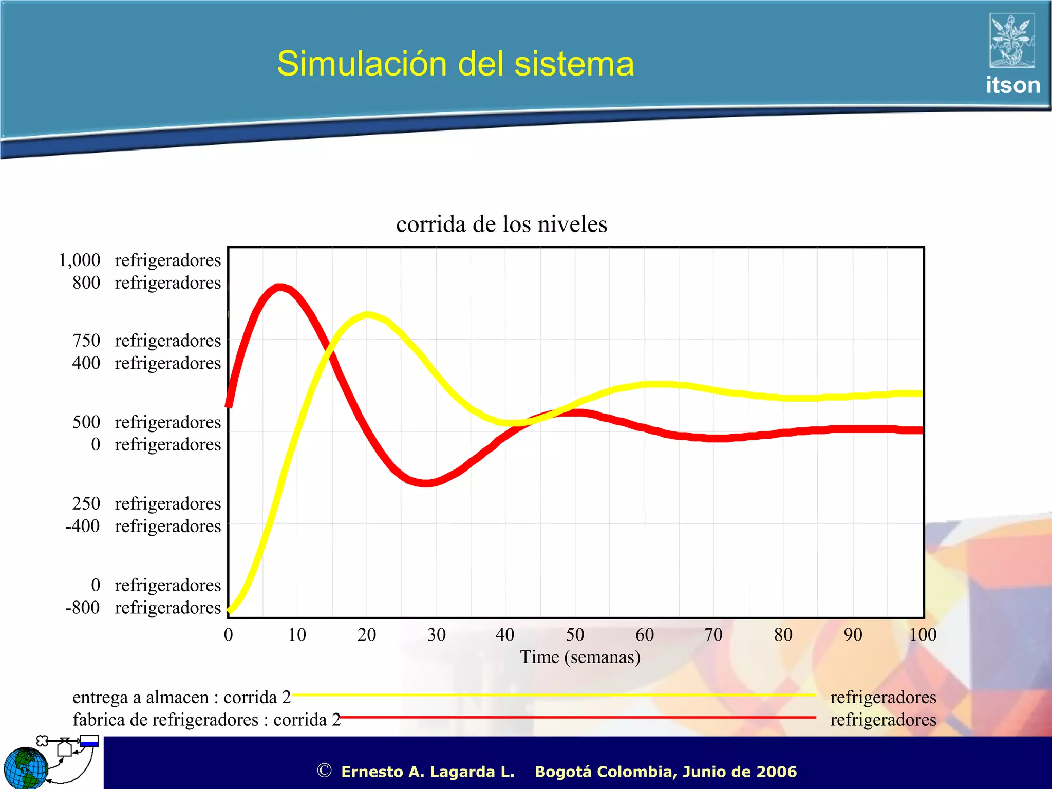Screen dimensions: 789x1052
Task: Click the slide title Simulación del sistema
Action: [455, 64]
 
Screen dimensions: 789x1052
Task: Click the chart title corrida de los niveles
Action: [501, 224]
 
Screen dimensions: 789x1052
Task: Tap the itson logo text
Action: [1012, 85]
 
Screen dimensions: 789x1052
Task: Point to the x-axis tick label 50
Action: [575, 635]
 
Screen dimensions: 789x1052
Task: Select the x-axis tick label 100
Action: [923, 635]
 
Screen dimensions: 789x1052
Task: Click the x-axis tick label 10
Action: [297, 635]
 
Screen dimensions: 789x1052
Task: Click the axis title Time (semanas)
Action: [580, 657]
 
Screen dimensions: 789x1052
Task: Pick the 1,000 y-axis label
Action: [80, 260]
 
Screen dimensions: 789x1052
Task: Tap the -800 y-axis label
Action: [83, 608]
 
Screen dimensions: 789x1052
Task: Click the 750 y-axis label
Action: [86, 341]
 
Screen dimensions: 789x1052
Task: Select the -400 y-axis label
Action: [83, 526]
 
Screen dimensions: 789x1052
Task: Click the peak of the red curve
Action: [279, 287]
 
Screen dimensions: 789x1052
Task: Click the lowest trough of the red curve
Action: [425, 483]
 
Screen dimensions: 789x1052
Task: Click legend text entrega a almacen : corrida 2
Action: [181, 698]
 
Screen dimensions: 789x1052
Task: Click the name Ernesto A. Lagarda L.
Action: [427, 772]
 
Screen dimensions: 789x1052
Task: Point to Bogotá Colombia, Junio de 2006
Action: [665, 772]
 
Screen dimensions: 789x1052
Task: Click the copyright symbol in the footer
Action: [324, 771]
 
